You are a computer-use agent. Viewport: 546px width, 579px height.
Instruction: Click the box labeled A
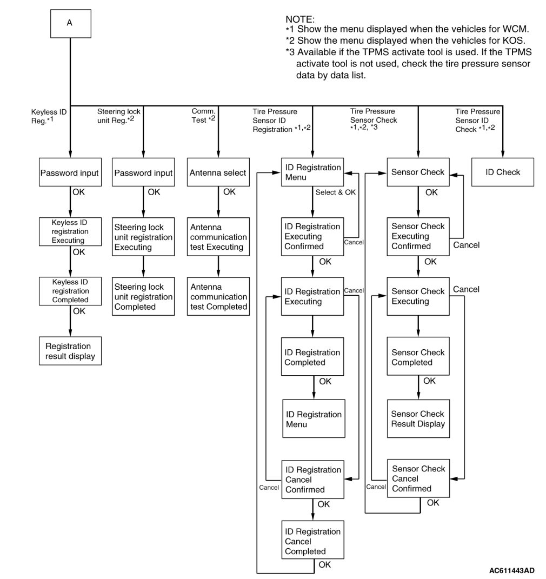click(x=70, y=23)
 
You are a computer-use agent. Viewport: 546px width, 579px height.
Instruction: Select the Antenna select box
click(x=218, y=173)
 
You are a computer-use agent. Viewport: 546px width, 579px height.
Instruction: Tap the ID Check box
click(x=502, y=172)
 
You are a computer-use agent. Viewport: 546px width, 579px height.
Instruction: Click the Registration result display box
click(x=70, y=351)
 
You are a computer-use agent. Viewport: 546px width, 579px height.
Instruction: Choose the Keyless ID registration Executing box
click(x=70, y=231)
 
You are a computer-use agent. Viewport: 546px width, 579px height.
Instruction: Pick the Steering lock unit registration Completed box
click(x=143, y=297)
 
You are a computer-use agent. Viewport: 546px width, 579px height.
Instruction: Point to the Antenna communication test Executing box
click(x=218, y=237)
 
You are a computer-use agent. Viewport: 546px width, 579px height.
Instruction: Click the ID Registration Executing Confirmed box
click(x=312, y=236)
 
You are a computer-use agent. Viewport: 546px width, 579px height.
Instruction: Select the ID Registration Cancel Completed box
click(x=313, y=541)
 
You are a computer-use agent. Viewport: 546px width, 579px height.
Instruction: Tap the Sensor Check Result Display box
click(x=418, y=419)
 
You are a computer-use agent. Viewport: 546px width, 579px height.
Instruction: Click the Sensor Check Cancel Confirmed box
click(x=418, y=478)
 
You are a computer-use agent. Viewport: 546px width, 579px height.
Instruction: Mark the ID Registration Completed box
click(x=313, y=357)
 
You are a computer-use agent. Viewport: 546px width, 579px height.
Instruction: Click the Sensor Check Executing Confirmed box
click(x=418, y=236)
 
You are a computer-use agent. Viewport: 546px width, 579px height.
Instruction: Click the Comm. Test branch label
click(x=204, y=116)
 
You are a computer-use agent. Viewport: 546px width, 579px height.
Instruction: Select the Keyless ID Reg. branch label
click(x=49, y=116)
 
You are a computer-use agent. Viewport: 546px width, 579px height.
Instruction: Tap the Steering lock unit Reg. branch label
click(x=119, y=116)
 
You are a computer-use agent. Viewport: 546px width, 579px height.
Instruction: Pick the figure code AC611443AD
click(x=512, y=571)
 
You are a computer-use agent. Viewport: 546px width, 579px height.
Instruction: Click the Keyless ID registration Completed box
click(x=70, y=291)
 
